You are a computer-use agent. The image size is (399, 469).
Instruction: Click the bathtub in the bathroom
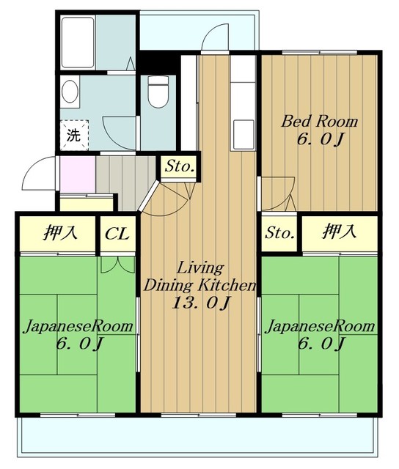click(78, 43)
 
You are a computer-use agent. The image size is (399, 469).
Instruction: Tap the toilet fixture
click(158, 91)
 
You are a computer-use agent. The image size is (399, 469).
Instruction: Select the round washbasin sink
click(70, 91)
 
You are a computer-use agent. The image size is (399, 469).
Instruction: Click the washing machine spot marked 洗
click(74, 135)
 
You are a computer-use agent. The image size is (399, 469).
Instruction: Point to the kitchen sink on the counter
click(244, 135)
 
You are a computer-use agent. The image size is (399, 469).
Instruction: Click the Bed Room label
click(319, 122)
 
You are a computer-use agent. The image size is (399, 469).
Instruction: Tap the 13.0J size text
click(200, 303)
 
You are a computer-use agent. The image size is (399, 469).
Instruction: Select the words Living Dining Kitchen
click(200, 277)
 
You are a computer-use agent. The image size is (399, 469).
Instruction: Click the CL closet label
click(117, 234)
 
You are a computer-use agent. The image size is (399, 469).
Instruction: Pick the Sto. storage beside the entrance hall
click(179, 166)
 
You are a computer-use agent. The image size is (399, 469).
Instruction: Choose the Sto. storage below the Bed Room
click(279, 233)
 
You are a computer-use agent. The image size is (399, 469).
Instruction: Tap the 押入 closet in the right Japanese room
click(340, 234)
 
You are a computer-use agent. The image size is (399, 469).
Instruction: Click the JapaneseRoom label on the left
click(78, 326)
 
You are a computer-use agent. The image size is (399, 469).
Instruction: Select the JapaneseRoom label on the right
click(321, 326)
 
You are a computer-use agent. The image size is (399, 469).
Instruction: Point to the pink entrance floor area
click(78, 174)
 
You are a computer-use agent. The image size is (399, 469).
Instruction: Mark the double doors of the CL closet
click(117, 265)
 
